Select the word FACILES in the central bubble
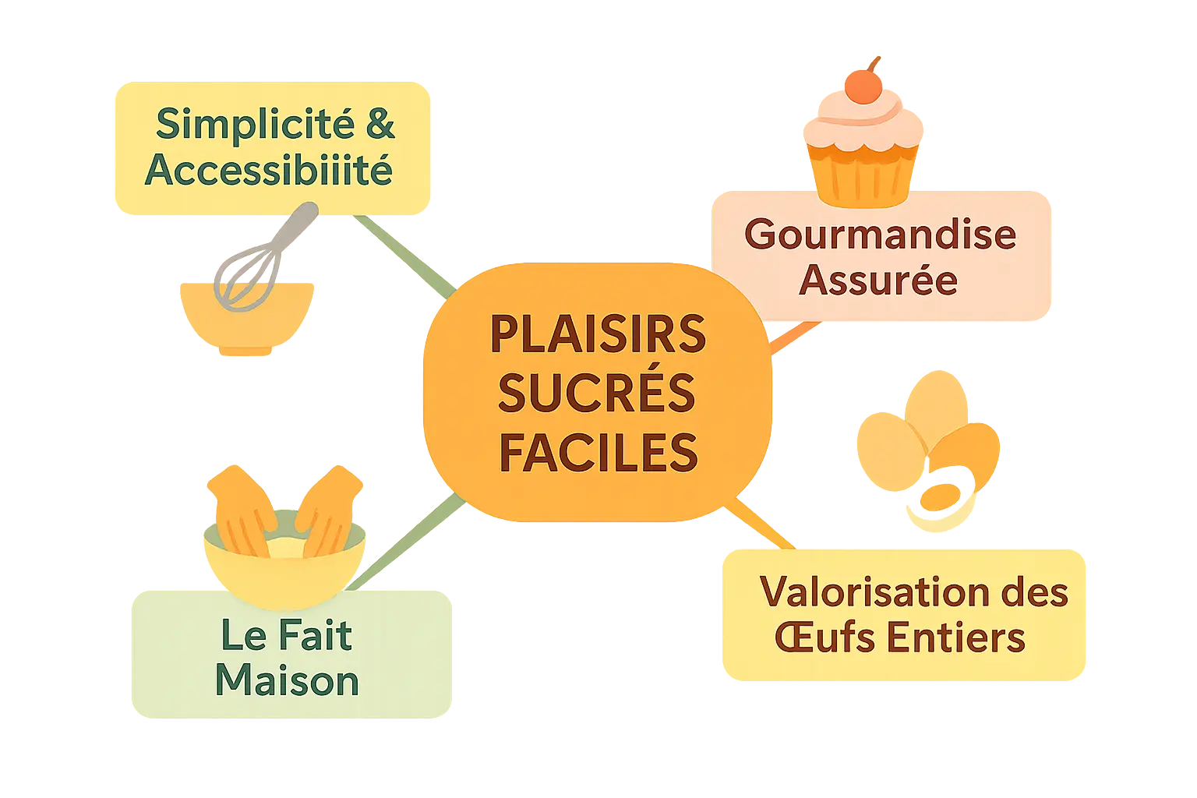click(598, 453)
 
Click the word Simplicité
click(255, 125)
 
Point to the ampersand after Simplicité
click(380, 125)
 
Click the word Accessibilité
click(269, 170)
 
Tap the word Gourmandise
click(880, 234)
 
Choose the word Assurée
click(878, 281)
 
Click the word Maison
click(287, 680)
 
